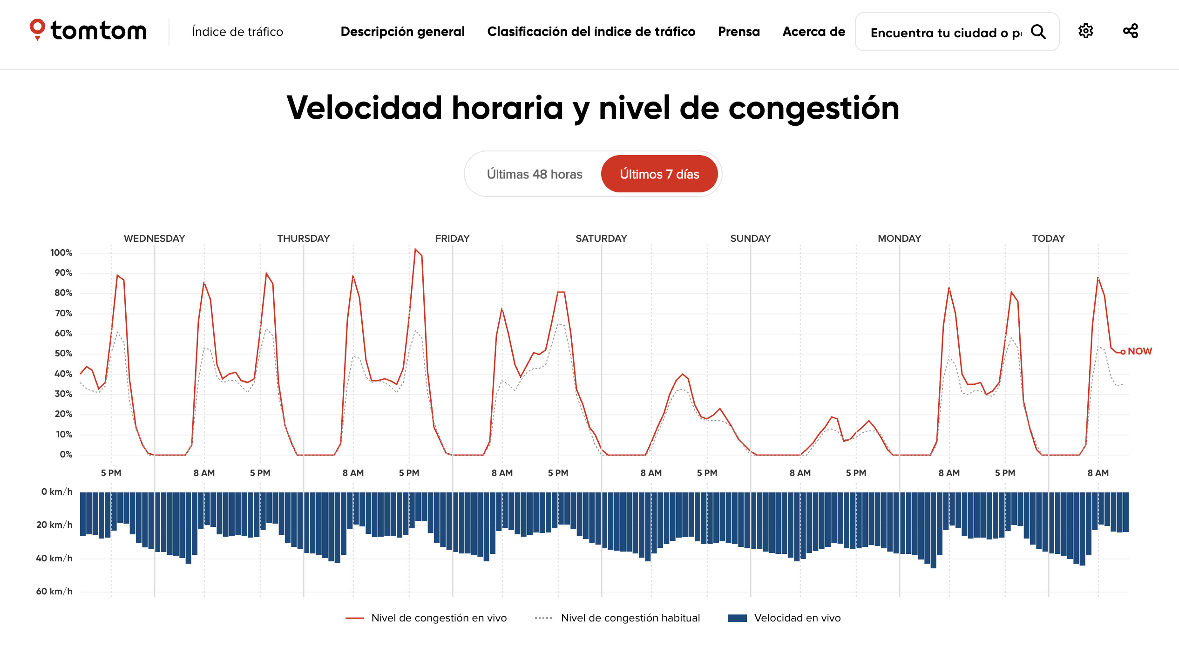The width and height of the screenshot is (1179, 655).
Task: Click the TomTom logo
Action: [88, 31]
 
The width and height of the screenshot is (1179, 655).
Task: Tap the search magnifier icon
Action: [1038, 32]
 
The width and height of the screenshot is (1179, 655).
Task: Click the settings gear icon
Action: [1085, 31]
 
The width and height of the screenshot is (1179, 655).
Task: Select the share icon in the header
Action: [1130, 31]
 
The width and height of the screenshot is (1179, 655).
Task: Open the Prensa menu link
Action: [739, 32]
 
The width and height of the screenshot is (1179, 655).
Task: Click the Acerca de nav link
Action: [813, 32]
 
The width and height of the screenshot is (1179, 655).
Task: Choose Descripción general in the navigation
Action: [402, 32]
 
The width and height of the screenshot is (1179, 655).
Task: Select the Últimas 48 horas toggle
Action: [534, 174]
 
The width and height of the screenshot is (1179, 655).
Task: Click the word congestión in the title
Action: [813, 108]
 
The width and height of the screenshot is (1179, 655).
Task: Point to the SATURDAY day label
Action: [601, 239]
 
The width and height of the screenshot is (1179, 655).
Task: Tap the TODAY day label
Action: [1048, 239]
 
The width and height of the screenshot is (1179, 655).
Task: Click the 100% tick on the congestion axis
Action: [61, 253]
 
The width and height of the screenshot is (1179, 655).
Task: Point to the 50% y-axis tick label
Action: [63, 354]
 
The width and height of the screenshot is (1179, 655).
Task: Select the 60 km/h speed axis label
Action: [54, 592]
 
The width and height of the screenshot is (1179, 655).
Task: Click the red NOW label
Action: [1139, 351]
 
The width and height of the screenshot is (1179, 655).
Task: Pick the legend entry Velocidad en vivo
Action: [797, 618]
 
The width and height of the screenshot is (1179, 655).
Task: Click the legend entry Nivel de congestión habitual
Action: [630, 618]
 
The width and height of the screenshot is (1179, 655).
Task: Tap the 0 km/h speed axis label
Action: [57, 492]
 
